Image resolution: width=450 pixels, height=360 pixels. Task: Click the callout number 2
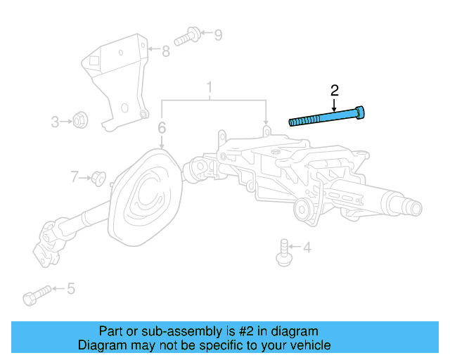[335, 90]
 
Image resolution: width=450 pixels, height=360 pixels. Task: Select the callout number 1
[209, 88]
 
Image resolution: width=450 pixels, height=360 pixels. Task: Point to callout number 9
[217, 34]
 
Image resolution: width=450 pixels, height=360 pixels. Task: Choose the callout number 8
[166, 51]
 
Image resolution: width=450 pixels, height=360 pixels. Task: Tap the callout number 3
[55, 122]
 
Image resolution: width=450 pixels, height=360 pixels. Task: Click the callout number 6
[162, 128]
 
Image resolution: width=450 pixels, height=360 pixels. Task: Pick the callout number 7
[75, 176]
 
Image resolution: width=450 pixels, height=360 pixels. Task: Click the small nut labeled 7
[99, 179]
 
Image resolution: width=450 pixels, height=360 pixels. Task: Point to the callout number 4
[307, 247]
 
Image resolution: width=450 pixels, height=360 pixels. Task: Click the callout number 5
[70, 288]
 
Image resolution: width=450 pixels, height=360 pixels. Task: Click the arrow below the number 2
[335, 104]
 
